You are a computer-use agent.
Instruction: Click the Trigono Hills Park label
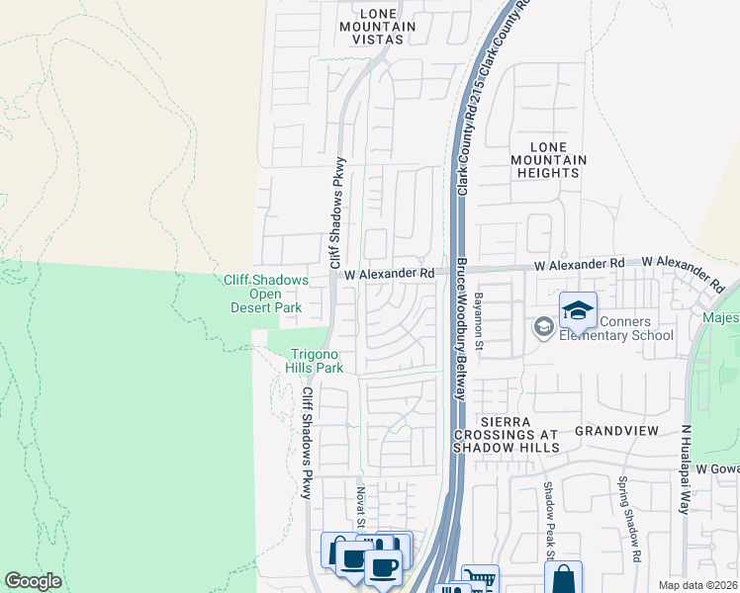click(x=316, y=362)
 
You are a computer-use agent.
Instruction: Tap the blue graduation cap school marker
click(x=578, y=311)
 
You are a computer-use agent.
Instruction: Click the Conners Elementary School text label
click(x=616, y=328)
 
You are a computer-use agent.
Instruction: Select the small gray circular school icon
click(x=542, y=326)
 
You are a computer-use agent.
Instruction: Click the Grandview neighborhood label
click(x=616, y=432)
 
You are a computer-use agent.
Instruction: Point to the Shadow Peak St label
click(x=546, y=516)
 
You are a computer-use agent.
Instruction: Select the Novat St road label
click(x=361, y=503)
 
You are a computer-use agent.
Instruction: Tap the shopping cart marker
click(x=480, y=581)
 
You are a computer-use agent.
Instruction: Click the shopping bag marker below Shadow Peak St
click(x=563, y=577)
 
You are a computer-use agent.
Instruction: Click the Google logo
click(x=33, y=581)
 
